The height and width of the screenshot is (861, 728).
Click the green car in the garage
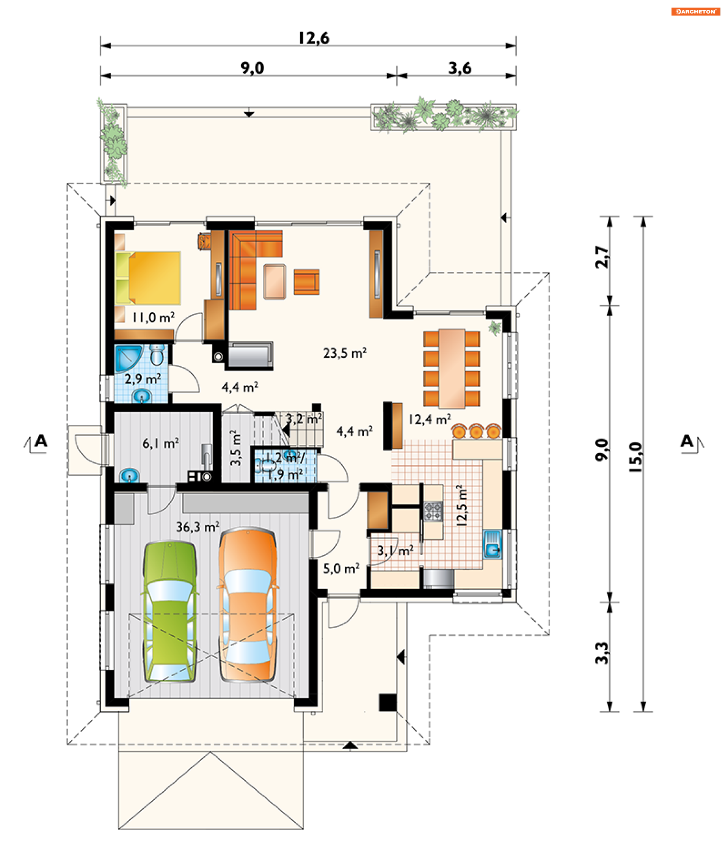click(169, 611)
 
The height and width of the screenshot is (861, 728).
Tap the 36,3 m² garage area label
click(198, 527)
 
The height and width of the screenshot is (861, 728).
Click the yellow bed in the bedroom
click(148, 278)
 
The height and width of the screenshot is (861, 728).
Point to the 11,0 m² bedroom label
click(153, 317)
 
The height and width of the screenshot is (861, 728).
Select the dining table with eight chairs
click(452, 368)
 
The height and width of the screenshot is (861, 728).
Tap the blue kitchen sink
click(493, 544)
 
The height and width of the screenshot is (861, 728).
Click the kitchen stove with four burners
click(433, 511)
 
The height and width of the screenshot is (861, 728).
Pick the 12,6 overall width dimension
click(314, 38)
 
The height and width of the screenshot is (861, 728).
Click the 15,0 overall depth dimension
click(636, 457)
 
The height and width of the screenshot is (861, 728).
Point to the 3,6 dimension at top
click(460, 68)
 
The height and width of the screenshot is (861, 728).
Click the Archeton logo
click(695, 11)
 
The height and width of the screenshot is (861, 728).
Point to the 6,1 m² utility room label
click(160, 443)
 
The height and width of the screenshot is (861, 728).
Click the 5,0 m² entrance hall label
click(341, 569)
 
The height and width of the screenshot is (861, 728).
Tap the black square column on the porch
click(388, 703)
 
